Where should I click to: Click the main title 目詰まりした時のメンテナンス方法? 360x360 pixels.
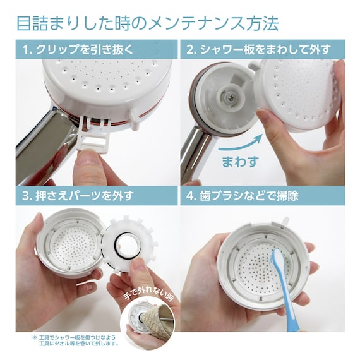click(148, 23)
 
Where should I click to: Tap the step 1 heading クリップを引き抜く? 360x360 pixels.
click(85, 49)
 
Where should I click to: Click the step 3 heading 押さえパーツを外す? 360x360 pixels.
click(85, 196)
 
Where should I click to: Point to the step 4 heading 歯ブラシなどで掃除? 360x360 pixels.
click(249, 196)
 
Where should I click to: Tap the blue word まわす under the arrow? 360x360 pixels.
click(241, 162)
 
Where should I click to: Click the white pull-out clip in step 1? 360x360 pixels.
click(95, 134)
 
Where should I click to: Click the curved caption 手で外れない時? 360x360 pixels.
click(148, 294)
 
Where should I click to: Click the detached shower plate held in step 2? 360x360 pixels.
click(299, 94)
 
